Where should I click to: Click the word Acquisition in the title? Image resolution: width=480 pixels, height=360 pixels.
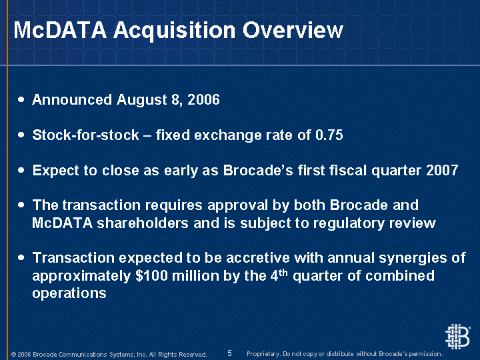pos(175,31)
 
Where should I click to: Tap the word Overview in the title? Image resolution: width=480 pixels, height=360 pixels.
pos(293,30)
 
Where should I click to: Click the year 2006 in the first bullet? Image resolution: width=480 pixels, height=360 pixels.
pos(203,99)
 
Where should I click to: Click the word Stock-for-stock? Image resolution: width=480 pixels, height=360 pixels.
pos(86,135)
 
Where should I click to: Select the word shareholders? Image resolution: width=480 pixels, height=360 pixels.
pos(143,223)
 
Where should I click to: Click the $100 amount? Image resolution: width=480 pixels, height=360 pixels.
pos(151,275)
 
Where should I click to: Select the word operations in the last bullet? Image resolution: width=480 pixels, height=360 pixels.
pos(69,293)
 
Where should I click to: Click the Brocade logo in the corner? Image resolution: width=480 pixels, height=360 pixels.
pos(457,337)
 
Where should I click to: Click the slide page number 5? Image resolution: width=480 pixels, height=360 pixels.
pos(229,353)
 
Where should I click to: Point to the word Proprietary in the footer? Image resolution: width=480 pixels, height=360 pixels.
pos(263,354)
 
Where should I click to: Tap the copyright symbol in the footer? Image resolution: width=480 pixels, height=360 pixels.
pos(13,355)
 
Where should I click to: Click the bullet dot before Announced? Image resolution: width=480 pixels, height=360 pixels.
pos(21,99)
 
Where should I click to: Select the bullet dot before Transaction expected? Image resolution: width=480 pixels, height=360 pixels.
pos(21,257)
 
